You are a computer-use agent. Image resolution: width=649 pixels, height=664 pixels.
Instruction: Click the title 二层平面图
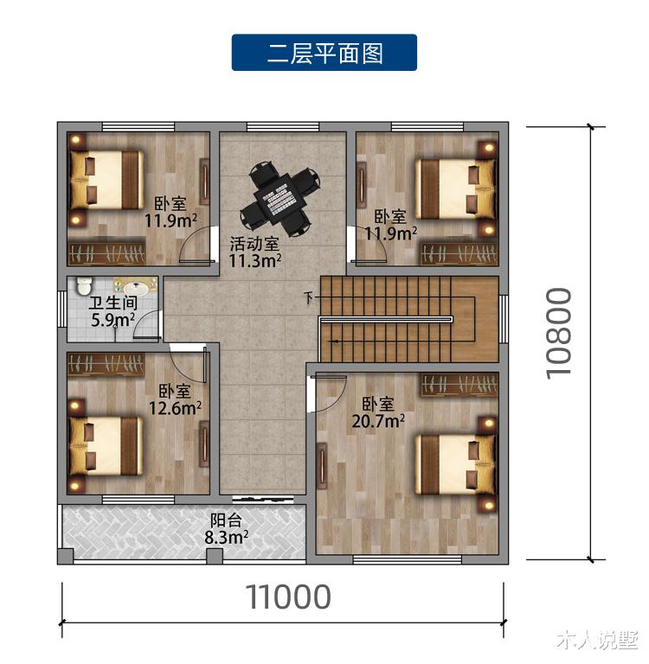click(x=324, y=53)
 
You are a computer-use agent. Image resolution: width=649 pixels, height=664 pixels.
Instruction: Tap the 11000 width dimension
click(x=288, y=597)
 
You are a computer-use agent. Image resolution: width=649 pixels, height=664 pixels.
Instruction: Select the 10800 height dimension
click(x=560, y=332)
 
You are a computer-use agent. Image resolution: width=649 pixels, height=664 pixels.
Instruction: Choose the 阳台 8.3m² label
click(x=227, y=528)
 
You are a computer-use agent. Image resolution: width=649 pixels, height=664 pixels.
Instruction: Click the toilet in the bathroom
click(x=84, y=286)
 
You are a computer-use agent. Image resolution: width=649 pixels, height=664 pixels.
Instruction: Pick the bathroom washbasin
click(x=134, y=287)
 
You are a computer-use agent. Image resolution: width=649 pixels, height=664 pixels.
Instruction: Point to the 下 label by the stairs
click(x=308, y=300)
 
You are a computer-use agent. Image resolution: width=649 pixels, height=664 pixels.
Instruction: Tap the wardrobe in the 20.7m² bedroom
click(x=459, y=384)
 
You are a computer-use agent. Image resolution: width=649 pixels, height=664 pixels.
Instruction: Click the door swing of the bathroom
click(x=150, y=324)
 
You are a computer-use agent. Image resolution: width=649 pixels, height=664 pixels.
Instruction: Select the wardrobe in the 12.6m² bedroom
click(x=106, y=363)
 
